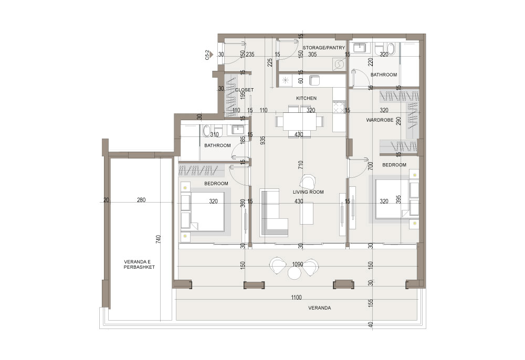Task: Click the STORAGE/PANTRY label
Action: pyautogui.click(x=323, y=48)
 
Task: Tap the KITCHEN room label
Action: pyautogui.click(x=306, y=98)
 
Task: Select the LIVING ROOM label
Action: pyautogui.click(x=308, y=192)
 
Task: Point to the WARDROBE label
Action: pyautogui.click(x=380, y=120)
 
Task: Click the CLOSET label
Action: pyautogui.click(x=245, y=90)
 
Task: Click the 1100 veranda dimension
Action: pyautogui.click(x=296, y=297)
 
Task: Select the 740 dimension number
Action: pyautogui.click(x=159, y=239)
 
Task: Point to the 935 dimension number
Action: pyautogui.click(x=262, y=140)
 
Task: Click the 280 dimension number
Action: pyautogui.click(x=141, y=200)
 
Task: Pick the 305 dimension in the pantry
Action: pyautogui.click(x=312, y=54)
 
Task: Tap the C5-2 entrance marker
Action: pyautogui.click(x=208, y=55)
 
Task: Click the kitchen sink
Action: pyautogui.click(x=314, y=80)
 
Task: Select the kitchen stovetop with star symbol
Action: pyautogui.click(x=286, y=80)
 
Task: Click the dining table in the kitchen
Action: pyautogui.click(x=300, y=121)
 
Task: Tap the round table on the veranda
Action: pyautogui.click(x=295, y=273)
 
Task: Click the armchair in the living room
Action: pyautogui.click(x=308, y=182)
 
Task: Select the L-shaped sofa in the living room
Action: pyautogui.click(x=274, y=213)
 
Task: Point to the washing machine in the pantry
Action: pyautogui.click(x=339, y=64)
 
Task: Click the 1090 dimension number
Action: pyautogui.click(x=298, y=264)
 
